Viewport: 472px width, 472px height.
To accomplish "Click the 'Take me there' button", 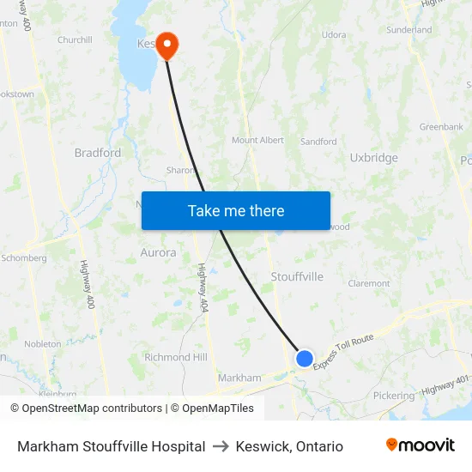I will tap(236, 210).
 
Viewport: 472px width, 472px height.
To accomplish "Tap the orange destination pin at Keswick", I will tap(166, 45).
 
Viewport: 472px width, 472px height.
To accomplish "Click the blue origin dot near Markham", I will tap(305, 358).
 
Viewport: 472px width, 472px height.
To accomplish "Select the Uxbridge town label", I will tap(374, 158).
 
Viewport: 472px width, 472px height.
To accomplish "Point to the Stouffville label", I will tap(297, 276).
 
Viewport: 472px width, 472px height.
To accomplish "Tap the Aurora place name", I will tap(158, 253).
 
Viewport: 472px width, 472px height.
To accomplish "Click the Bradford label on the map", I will tap(98, 153).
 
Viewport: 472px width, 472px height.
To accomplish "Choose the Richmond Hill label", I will tap(176, 357).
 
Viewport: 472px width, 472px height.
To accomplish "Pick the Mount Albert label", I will tap(257, 140).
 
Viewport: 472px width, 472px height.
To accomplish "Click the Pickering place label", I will tap(394, 396).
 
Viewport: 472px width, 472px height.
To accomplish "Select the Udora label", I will tap(334, 35).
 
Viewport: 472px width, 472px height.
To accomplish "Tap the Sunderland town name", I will tap(409, 30).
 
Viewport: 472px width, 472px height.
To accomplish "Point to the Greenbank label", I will tap(441, 127).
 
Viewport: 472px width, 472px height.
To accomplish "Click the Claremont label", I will tap(369, 283).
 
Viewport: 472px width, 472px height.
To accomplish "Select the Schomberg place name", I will tap(24, 257).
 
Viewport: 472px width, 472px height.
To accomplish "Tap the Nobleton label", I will tap(42, 344).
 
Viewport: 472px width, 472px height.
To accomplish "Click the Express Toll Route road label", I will tap(343, 352).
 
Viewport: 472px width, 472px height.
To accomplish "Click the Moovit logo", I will tap(421, 445).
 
